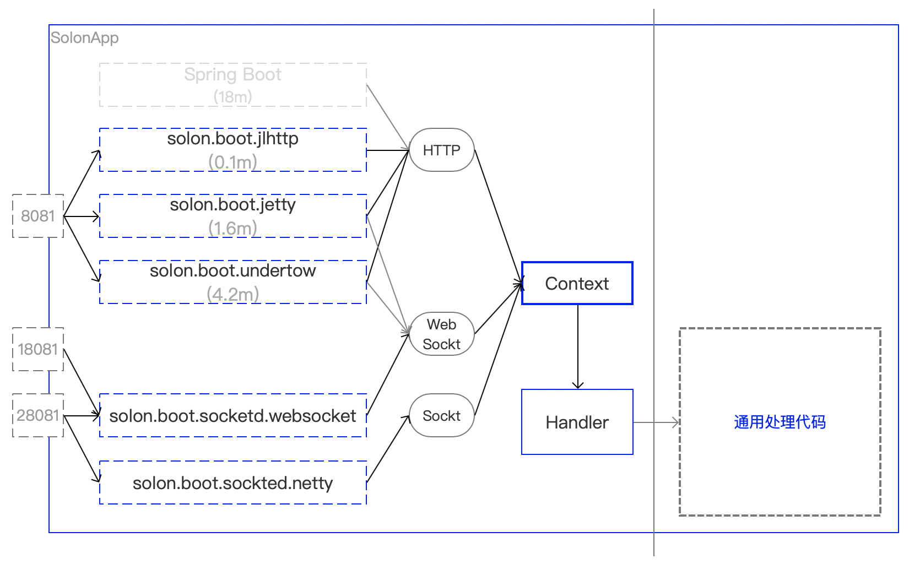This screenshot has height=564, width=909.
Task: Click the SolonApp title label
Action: coord(84,38)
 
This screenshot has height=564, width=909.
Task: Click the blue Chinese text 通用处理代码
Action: coord(780,422)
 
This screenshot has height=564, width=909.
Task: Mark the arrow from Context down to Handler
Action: coord(578,347)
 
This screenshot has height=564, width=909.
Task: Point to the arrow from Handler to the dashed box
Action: coord(656,422)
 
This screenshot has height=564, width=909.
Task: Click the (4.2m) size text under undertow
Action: coord(233,294)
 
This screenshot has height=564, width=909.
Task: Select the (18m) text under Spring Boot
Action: coord(233,97)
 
